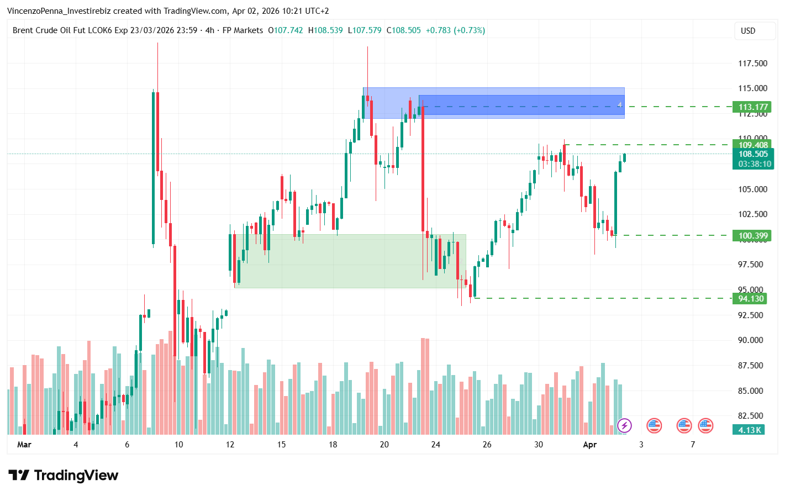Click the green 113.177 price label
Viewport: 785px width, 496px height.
pyautogui.click(x=752, y=107)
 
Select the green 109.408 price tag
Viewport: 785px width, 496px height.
pyautogui.click(x=752, y=145)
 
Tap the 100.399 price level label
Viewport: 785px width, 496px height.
pyautogui.click(x=752, y=236)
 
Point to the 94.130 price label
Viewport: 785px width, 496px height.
pyautogui.click(x=750, y=299)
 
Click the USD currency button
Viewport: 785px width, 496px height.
pyautogui.click(x=748, y=31)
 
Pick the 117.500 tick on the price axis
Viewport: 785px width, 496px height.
pyautogui.click(x=752, y=64)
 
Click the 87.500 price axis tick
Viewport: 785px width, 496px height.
pyautogui.click(x=750, y=366)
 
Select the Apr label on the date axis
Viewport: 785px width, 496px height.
pyautogui.click(x=590, y=445)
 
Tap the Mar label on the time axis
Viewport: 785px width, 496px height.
pyautogui.click(x=24, y=445)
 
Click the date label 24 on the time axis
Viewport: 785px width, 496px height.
pyautogui.click(x=436, y=445)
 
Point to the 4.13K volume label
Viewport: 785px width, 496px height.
pyautogui.click(x=750, y=430)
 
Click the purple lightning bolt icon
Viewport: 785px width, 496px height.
pyautogui.click(x=624, y=425)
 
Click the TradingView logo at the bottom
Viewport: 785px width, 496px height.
pyautogui.click(x=64, y=476)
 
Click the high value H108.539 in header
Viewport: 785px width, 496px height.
pyautogui.click(x=325, y=30)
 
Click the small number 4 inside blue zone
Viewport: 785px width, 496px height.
pyautogui.click(x=620, y=105)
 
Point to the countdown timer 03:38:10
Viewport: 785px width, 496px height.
pyautogui.click(x=754, y=164)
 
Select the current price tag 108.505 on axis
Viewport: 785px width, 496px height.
pyautogui.click(x=753, y=154)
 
